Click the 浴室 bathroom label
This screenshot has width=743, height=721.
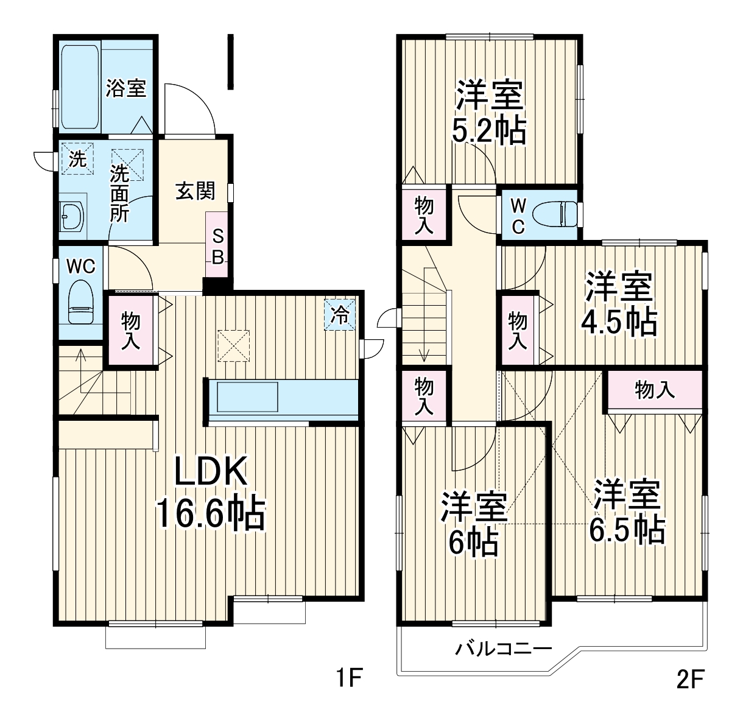click(x=125, y=88)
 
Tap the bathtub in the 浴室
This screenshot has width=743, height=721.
click(x=80, y=88)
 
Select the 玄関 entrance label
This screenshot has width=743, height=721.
click(x=195, y=191)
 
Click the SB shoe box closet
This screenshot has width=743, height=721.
click(x=217, y=245)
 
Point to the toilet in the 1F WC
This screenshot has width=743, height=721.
click(x=81, y=302)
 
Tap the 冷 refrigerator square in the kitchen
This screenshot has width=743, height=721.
click(x=339, y=315)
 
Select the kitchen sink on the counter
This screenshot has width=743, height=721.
click(x=247, y=397)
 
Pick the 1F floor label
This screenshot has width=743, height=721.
click(x=349, y=677)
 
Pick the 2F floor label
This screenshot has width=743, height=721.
click(x=691, y=678)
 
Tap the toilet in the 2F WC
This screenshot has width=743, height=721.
click(x=556, y=214)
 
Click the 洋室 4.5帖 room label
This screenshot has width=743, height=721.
click(x=619, y=303)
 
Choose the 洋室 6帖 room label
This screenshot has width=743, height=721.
click(x=474, y=524)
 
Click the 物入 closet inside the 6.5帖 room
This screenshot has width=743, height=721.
click(x=655, y=390)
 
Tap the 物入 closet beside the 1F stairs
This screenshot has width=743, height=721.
click(x=131, y=331)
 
